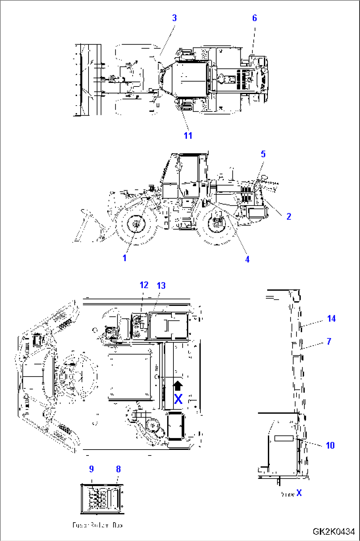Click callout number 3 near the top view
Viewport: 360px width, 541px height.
pyautogui.click(x=174, y=18)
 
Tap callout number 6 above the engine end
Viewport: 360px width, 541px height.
pyautogui.click(x=254, y=18)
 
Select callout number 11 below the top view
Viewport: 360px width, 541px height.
pyautogui.click(x=188, y=136)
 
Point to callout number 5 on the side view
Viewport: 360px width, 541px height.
pyautogui.click(x=263, y=154)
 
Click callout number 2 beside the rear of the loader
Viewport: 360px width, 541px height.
pyautogui.click(x=289, y=217)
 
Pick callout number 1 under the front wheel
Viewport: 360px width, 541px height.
pyautogui.click(x=125, y=258)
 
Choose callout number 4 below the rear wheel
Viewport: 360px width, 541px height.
pyautogui.click(x=247, y=259)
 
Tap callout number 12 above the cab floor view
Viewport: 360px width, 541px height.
pyautogui.click(x=144, y=285)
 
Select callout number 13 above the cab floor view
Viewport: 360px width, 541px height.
pyautogui.click(x=161, y=286)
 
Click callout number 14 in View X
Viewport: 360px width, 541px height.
pyautogui.click(x=331, y=319)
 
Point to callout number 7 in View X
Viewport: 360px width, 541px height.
pyautogui.click(x=329, y=341)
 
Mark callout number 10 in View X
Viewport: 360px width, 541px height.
pyautogui.click(x=330, y=446)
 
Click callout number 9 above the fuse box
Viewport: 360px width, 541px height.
pyautogui.click(x=91, y=469)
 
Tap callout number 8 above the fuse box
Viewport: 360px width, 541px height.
pyautogui.click(x=118, y=469)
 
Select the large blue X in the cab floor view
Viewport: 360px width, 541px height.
pyautogui.click(x=178, y=399)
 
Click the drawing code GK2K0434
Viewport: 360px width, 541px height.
pyautogui.click(x=334, y=532)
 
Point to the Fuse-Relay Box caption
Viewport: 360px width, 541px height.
pyautogui.click(x=97, y=525)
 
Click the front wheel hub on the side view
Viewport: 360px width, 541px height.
pyautogui.click(x=136, y=224)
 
